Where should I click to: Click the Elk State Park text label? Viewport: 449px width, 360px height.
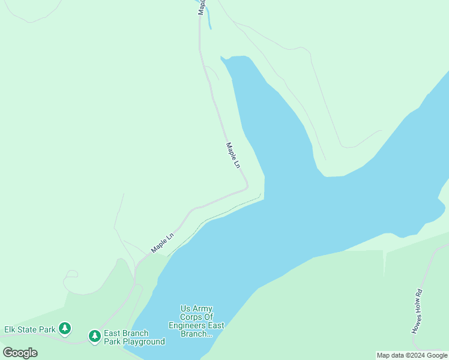[30, 329]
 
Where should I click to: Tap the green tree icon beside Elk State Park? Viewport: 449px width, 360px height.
[65, 329]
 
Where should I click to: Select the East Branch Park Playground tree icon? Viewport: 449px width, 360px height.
[94, 337]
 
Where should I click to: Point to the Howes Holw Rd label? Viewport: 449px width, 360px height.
[418, 311]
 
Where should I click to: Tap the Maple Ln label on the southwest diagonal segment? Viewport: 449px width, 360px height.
[162, 242]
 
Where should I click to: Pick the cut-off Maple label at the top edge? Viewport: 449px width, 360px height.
[202, 6]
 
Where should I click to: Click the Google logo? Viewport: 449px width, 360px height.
[20, 353]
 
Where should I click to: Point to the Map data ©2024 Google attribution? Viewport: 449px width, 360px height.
[412, 355]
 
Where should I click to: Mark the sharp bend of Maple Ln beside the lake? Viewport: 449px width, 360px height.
[247, 187]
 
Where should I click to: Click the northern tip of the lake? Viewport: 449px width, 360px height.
[223, 58]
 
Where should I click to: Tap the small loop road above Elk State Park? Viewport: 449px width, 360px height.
[70, 275]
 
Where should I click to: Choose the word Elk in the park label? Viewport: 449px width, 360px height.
[11, 329]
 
